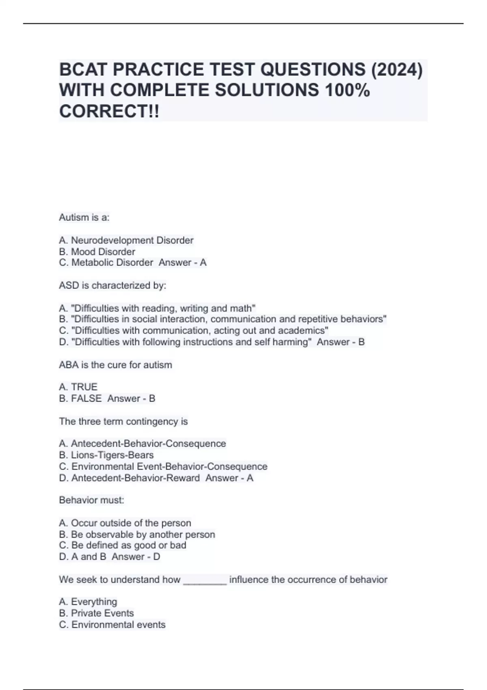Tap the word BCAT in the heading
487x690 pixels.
(x=83, y=70)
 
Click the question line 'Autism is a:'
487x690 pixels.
(x=84, y=218)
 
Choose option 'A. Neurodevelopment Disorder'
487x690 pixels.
(x=126, y=240)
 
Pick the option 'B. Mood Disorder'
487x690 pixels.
(x=97, y=252)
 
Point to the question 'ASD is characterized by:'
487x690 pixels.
(x=112, y=285)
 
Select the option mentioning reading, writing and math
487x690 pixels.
(x=157, y=308)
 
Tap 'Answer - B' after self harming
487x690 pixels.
(x=340, y=342)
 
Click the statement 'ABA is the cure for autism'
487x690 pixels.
(x=115, y=365)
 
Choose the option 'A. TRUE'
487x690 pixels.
(x=78, y=387)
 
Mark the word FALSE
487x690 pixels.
(x=86, y=399)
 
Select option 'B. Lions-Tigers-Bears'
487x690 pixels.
(x=106, y=455)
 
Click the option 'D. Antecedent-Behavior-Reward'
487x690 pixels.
(x=129, y=478)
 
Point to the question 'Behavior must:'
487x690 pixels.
(x=91, y=500)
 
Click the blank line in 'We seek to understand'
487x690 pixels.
(x=205, y=580)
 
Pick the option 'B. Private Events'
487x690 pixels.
(x=96, y=613)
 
